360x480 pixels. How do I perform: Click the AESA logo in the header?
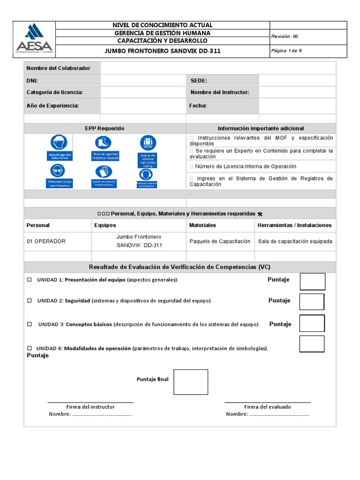click(34, 39)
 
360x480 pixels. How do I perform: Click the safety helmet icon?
click(59, 142)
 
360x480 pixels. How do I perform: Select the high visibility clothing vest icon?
click(148, 142)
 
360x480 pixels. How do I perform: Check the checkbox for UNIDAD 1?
click(29, 280)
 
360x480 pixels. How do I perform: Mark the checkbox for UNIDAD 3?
click(30, 324)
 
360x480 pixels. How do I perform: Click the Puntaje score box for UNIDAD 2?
click(312, 301)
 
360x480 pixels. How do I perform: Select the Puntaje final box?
click(190, 382)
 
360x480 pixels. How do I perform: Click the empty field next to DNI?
click(143, 81)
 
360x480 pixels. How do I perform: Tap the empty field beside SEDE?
click(297, 81)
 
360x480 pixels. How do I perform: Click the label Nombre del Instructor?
click(220, 92)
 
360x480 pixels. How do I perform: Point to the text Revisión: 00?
click(285, 36)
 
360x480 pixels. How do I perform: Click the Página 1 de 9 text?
click(287, 51)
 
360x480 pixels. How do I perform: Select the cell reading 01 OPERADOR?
click(46, 241)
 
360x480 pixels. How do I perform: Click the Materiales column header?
click(202, 225)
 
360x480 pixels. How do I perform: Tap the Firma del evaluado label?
click(267, 407)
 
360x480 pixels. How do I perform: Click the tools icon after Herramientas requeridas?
click(260, 214)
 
